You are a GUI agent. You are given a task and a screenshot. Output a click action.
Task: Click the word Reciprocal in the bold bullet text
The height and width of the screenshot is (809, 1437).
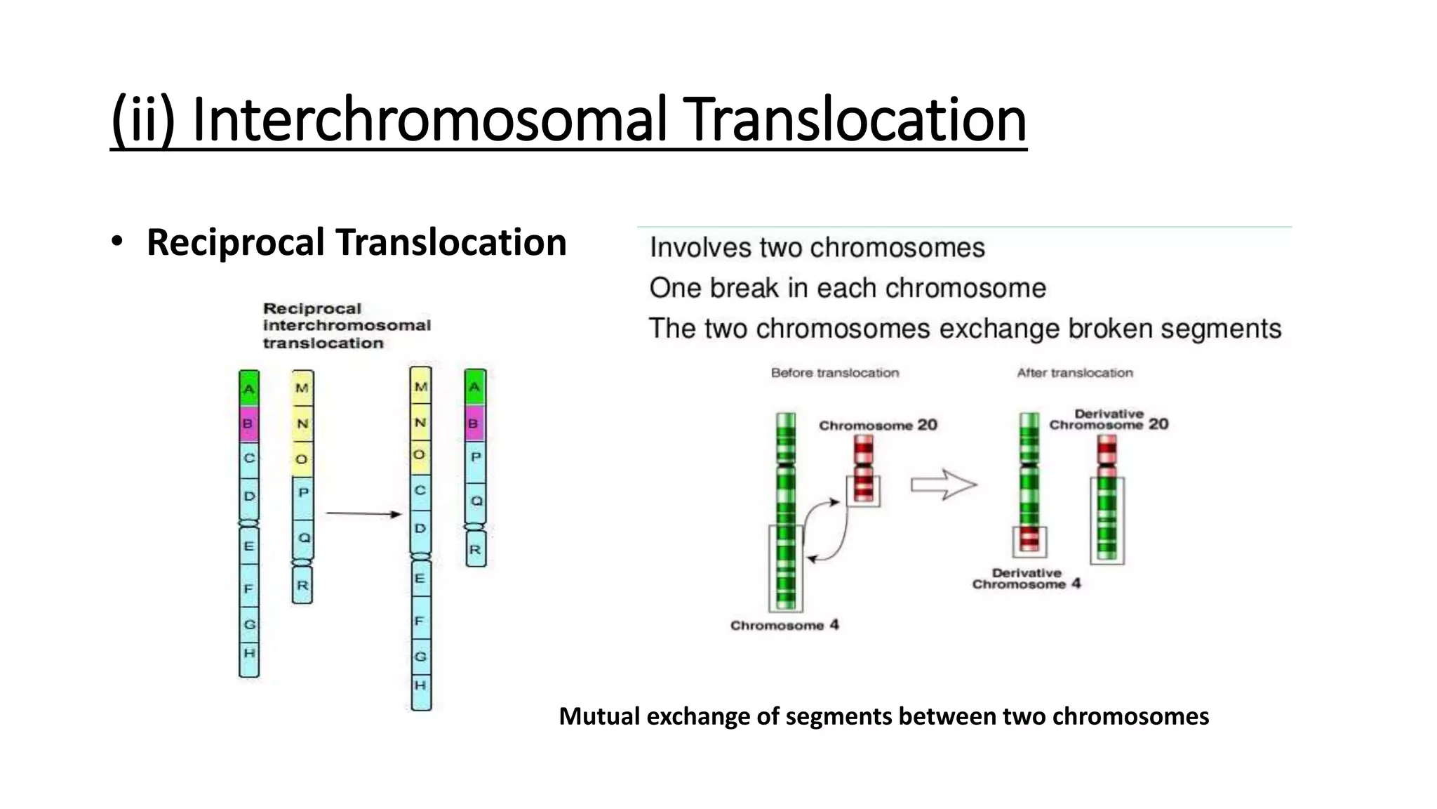pyautogui.click(x=236, y=243)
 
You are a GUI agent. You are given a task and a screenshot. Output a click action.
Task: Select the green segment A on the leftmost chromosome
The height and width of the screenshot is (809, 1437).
pyautogui.click(x=249, y=388)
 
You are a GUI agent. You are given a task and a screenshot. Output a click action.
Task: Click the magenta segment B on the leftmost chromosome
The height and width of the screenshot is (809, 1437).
pyautogui.click(x=248, y=424)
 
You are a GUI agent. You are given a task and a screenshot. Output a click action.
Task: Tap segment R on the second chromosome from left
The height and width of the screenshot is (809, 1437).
pyautogui.click(x=302, y=586)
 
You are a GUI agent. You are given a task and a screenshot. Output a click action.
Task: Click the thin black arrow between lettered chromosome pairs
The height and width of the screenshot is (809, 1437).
pyautogui.click(x=363, y=514)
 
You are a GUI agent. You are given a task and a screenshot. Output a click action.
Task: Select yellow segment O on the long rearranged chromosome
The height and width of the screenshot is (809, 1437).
pyautogui.click(x=420, y=455)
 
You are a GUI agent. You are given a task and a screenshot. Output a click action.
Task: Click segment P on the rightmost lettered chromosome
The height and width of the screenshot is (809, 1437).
pyautogui.click(x=476, y=458)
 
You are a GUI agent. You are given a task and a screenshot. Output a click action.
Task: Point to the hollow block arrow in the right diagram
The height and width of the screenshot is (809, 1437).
pyautogui.click(x=943, y=485)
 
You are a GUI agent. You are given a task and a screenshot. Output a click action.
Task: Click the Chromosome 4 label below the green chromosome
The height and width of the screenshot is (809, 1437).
pyautogui.click(x=784, y=625)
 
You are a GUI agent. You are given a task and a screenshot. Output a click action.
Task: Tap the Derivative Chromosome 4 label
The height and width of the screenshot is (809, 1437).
pyautogui.click(x=1026, y=579)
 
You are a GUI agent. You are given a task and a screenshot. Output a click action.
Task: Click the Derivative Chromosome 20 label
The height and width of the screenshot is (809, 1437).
pyautogui.click(x=1109, y=419)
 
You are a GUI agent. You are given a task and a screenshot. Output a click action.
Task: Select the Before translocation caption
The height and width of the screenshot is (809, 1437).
pyautogui.click(x=834, y=373)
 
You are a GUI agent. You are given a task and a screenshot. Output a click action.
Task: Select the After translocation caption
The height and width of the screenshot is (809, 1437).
pyautogui.click(x=1074, y=373)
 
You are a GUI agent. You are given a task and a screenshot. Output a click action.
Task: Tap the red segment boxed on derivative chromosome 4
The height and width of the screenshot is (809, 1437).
pyautogui.click(x=1029, y=539)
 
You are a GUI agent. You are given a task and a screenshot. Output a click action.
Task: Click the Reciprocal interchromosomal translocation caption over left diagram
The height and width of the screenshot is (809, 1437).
pyautogui.click(x=347, y=326)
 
